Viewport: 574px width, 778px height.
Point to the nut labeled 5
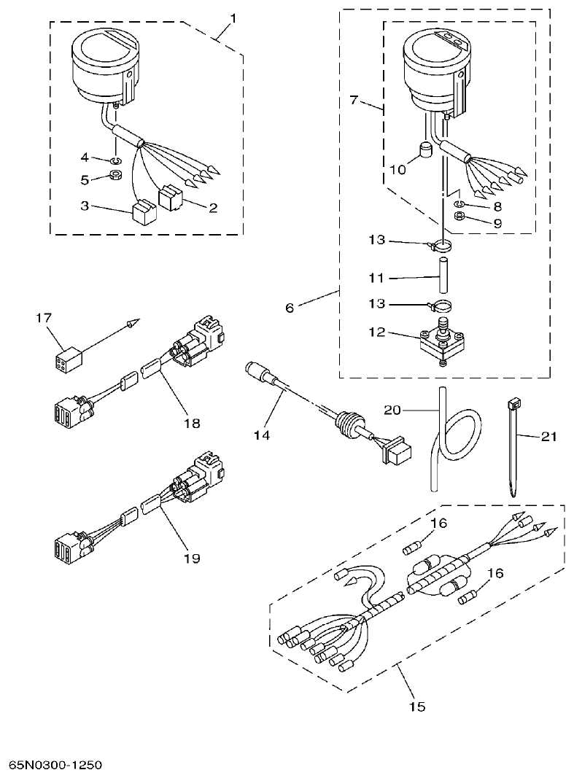(x=115, y=176)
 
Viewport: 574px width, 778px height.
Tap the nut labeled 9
(x=460, y=217)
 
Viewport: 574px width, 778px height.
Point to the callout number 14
(x=261, y=435)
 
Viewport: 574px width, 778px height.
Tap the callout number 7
(x=354, y=99)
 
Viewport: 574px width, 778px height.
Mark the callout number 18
(x=191, y=422)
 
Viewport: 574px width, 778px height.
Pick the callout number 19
(x=191, y=558)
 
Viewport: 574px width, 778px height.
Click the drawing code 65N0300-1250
(x=55, y=765)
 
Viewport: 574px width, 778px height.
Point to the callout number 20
(x=392, y=411)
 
